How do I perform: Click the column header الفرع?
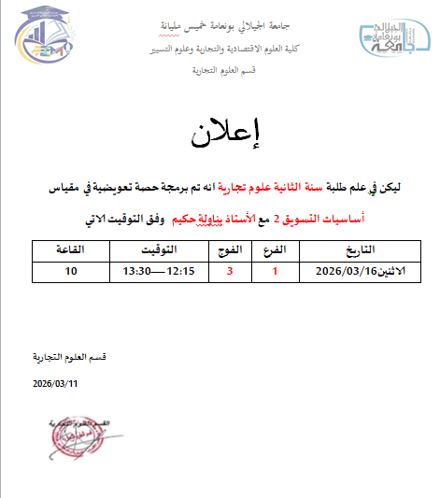[276, 250]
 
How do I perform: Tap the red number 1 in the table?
[275, 271]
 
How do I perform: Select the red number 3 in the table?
[231, 271]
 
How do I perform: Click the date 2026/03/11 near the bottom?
[56, 384]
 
